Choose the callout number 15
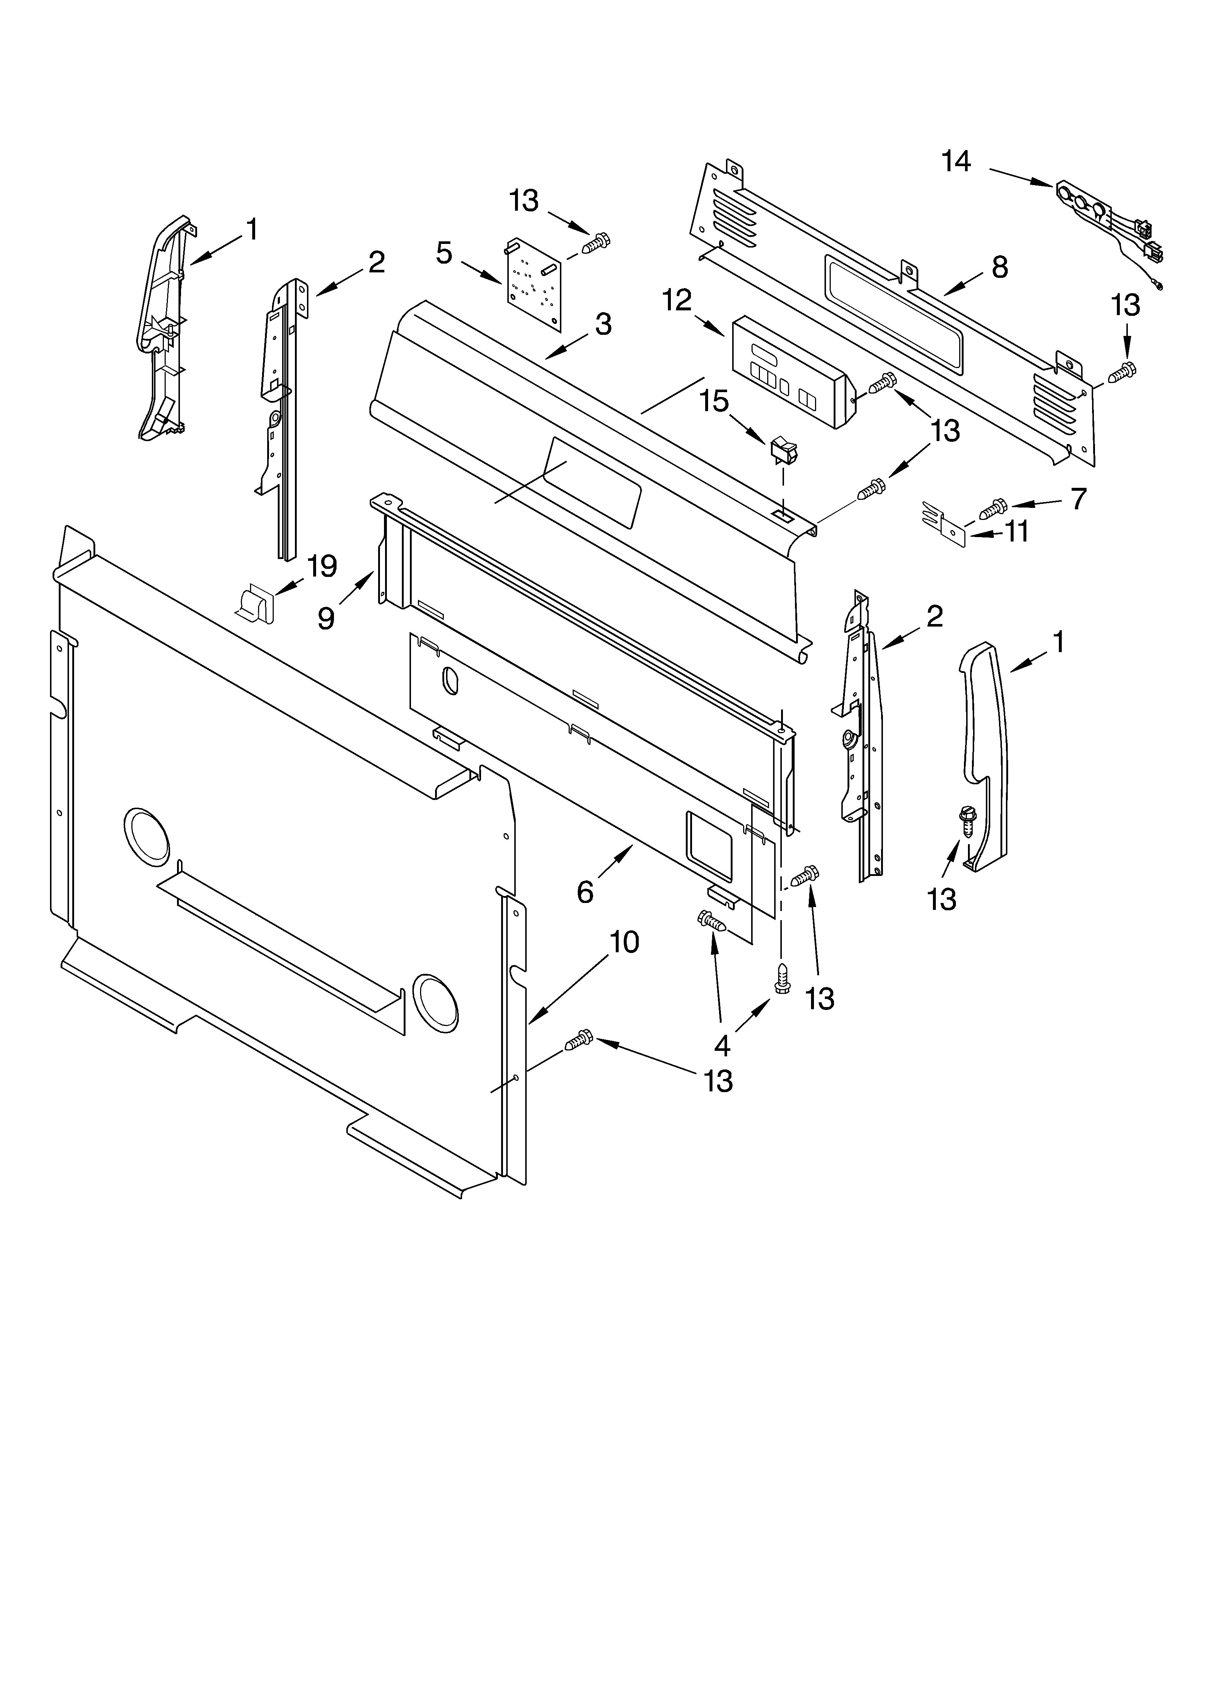(x=714, y=401)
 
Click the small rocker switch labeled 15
(x=782, y=450)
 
